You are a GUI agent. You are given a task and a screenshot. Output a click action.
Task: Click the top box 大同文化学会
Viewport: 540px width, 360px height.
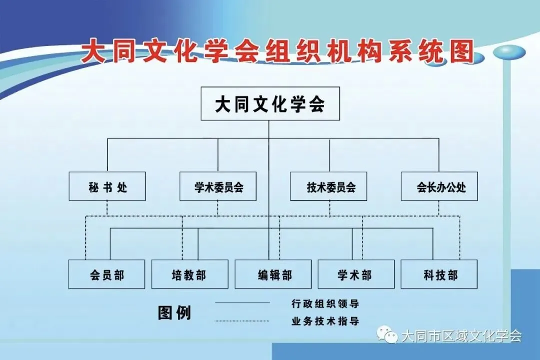point(270,104)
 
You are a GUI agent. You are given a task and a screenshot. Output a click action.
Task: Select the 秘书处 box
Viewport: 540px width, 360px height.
point(107,186)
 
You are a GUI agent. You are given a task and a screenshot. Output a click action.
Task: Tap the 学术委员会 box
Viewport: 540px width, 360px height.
point(218,186)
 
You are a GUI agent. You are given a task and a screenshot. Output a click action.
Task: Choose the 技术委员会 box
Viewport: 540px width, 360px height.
point(329,186)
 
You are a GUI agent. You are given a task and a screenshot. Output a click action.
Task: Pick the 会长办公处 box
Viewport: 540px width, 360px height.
point(439,186)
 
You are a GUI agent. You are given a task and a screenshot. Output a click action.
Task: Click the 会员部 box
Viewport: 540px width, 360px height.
point(106,274)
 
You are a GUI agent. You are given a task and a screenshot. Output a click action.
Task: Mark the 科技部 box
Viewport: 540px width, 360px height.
point(439,274)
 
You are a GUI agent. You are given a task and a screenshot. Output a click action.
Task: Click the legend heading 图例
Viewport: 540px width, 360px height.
point(174,312)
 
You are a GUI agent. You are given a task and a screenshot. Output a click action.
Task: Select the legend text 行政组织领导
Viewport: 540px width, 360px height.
point(325,303)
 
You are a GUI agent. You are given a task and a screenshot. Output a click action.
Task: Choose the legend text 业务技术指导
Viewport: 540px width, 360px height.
point(325,321)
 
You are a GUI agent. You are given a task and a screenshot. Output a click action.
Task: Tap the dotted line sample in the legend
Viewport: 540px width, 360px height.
point(242,321)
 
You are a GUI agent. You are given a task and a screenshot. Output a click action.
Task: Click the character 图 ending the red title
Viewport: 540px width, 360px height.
point(459,51)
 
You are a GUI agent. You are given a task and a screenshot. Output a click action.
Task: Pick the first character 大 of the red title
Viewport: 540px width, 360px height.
point(93,51)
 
